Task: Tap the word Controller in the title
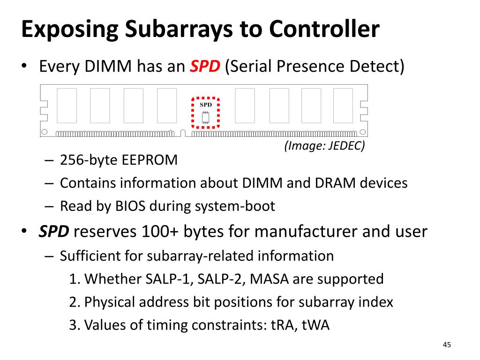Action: (324, 29)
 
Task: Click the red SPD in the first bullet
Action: (205, 67)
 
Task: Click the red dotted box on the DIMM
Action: (206, 112)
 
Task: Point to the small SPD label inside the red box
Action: (206, 105)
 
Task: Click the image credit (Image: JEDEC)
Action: (324, 146)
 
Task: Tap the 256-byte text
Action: (89, 160)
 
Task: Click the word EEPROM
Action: (150, 160)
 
